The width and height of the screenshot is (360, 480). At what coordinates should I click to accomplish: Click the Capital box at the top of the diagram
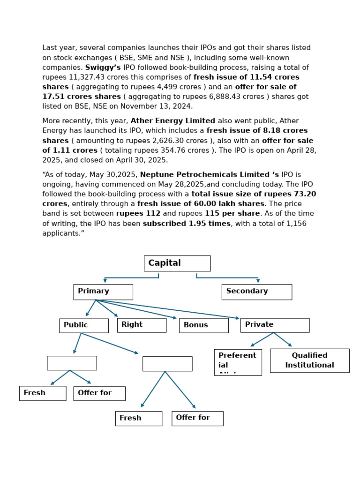(x=177, y=263)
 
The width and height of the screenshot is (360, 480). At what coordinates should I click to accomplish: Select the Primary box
(x=103, y=292)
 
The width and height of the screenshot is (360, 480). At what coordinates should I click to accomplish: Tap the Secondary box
(x=256, y=292)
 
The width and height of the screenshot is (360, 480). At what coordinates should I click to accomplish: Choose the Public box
(x=83, y=325)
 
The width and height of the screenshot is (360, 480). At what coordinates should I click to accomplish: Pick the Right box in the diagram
(x=142, y=325)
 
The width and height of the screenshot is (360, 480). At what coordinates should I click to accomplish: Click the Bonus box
(x=203, y=325)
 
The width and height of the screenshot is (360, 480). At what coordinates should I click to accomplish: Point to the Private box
(x=275, y=325)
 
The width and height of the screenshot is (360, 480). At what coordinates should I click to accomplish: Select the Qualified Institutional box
(x=309, y=360)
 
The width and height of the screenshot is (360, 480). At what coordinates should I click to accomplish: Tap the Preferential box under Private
(x=238, y=362)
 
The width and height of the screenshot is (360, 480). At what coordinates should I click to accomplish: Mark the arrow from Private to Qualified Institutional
(x=283, y=339)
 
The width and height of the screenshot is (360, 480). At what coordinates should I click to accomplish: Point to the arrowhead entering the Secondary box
(x=258, y=281)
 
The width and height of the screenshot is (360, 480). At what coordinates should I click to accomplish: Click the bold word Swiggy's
(x=103, y=67)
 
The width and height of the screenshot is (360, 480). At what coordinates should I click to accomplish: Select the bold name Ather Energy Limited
(x=173, y=121)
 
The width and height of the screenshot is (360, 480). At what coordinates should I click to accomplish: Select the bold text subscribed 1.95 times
(x=187, y=224)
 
